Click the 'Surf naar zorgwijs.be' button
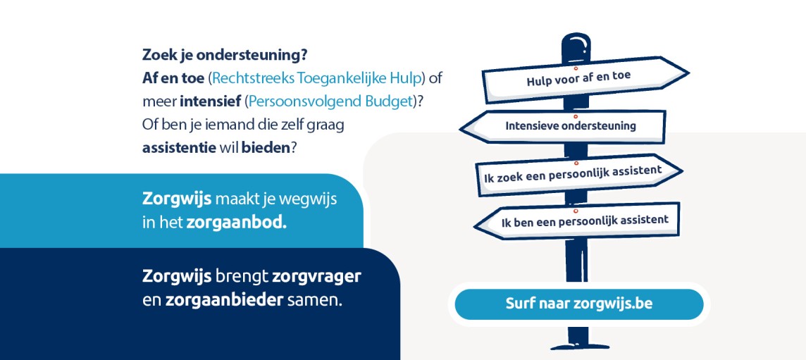point(579,304)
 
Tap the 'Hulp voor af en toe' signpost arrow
point(585,79)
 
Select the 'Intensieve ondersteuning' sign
point(563,127)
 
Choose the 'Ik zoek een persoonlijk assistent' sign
point(579,175)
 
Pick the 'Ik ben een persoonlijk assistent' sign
point(577,221)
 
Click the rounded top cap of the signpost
point(575,47)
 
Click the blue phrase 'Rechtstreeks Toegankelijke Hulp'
point(317,78)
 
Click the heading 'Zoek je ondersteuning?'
point(225,55)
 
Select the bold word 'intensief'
point(210,101)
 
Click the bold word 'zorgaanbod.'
point(237,223)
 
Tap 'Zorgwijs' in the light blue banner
point(177,199)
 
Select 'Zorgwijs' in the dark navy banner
point(177,277)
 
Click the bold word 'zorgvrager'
point(316,277)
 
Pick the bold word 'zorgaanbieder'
point(224,300)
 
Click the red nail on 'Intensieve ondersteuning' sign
point(576,117)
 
